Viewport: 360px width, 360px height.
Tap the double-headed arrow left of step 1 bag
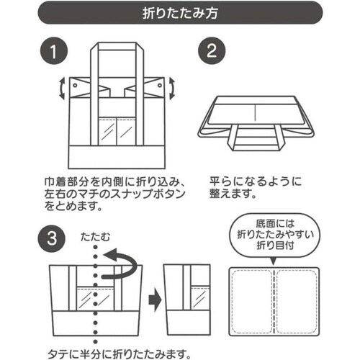click(x=61, y=89)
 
